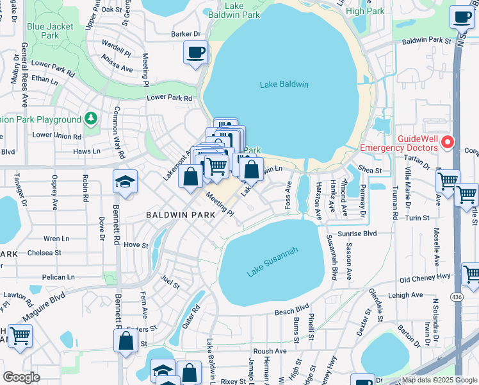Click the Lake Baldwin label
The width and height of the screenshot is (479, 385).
click(284, 85)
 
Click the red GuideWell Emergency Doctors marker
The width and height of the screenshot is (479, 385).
click(449, 142)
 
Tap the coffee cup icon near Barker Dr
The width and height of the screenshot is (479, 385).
click(195, 51)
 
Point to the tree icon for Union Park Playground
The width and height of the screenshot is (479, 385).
click(91, 119)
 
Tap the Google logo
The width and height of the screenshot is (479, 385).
click(21, 377)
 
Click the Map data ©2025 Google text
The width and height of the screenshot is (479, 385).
click(439, 380)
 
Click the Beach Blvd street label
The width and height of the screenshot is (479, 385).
click(292, 309)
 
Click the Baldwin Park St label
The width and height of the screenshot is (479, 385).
click(426, 40)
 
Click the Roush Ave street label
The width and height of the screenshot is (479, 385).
click(270, 351)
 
